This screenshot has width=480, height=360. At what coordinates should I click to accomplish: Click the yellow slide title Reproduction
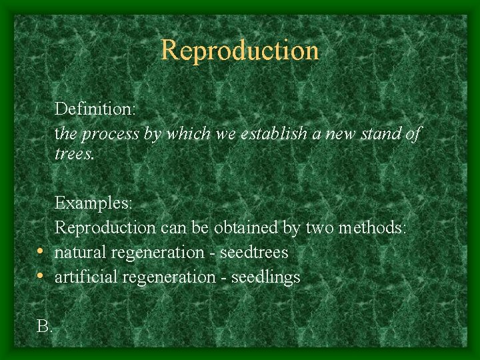tap(240, 50)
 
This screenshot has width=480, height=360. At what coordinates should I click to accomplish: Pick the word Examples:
tap(93, 202)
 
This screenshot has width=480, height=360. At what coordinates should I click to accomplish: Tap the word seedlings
tap(265, 277)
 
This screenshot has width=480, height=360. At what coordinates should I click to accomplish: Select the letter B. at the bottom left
tap(45, 327)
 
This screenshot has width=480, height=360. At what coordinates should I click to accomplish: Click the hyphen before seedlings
tap(224, 277)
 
